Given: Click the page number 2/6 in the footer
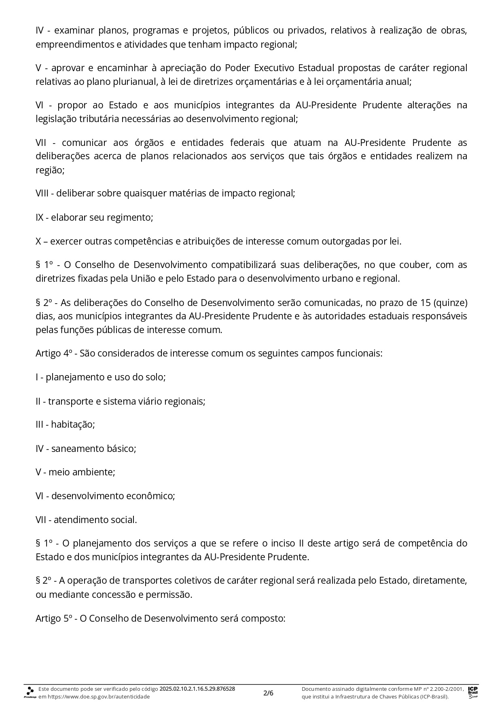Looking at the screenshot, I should tap(268, 693).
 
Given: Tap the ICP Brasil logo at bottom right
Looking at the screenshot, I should tap(472, 692).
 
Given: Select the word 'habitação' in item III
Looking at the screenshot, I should tap(73, 425).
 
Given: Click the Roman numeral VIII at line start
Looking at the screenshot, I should tap(42, 193).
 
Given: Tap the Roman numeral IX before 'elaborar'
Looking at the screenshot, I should tap(39, 217).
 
